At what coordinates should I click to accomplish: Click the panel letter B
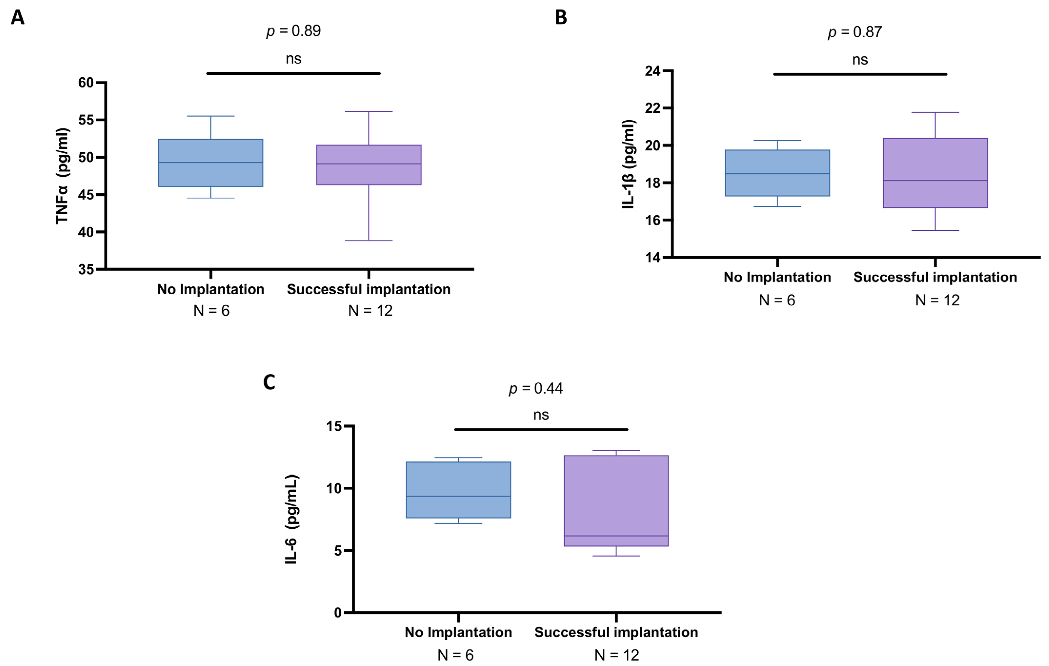click(561, 17)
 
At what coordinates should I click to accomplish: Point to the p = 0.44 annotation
click(535, 388)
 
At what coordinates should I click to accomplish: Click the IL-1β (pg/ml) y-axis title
click(628, 164)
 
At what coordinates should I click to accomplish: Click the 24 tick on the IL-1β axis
click(652, 71)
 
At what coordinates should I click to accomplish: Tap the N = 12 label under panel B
click(937, 300)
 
